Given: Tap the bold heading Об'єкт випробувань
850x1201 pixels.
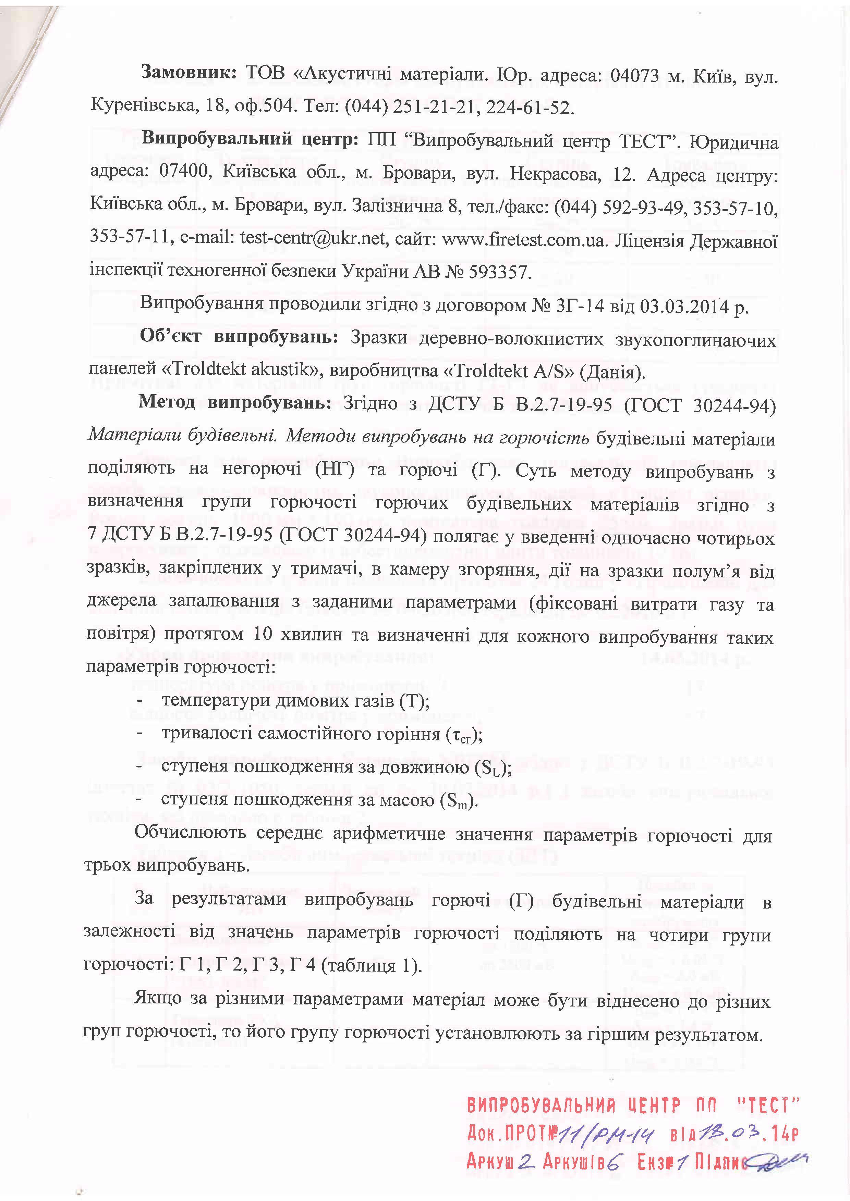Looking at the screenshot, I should [x=238, y=337].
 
